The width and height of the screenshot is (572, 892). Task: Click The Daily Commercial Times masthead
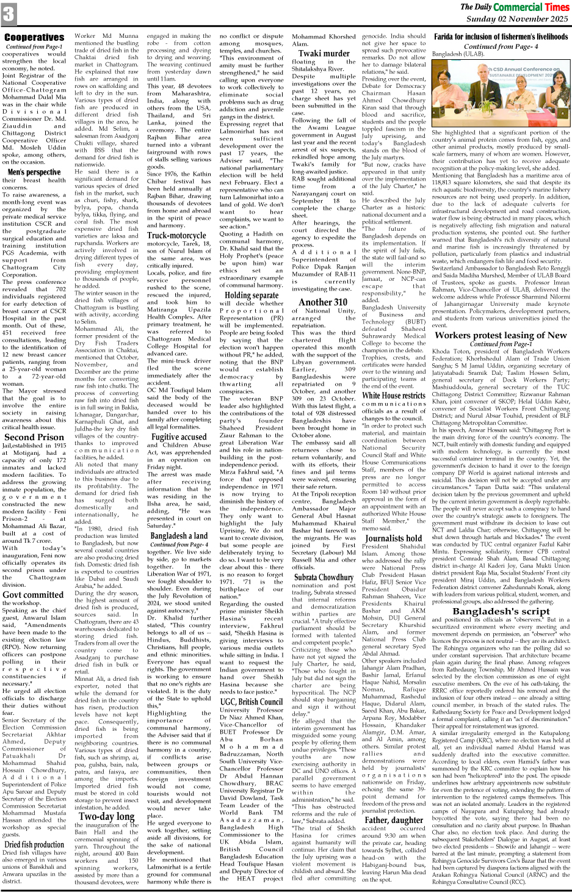pos(515,7)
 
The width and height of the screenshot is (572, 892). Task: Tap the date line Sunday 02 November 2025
pos(516,19)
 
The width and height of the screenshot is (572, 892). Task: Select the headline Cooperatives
pos(34,38)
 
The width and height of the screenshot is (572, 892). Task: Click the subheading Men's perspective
pos(34,172)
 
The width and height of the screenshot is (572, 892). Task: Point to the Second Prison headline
pos(34,437)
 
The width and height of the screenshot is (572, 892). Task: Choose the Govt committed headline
pos(33,594)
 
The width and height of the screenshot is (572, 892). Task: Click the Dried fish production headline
pos(34,844)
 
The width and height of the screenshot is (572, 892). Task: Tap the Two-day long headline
pos(107,816)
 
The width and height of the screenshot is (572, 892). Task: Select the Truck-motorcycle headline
pos(177,235)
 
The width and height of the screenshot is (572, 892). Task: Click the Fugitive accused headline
pos(179,437)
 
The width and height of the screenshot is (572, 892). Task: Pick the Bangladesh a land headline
pos(178,535)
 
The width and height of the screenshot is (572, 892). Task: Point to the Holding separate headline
pos(252,296)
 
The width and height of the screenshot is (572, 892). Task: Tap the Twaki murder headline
pos(324,54)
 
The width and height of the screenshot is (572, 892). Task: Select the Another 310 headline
pos(324,302)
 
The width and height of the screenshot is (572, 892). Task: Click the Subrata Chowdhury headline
pos(324,576)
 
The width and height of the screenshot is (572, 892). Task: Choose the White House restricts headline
pos(394,395)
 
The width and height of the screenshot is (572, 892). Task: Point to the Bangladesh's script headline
pos(501,611)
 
